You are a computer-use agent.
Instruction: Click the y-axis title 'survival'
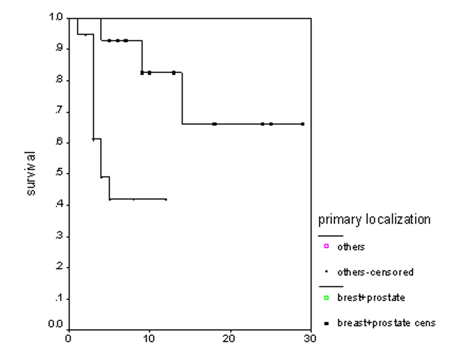pos(31,173)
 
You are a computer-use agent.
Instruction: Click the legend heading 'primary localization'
pos(374,219)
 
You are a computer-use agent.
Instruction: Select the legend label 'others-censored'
pos(375,272)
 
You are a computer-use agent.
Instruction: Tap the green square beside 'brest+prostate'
pos(327,298)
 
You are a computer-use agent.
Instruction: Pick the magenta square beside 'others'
pos(327,246)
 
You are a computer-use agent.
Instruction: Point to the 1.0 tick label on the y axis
pos(56,17)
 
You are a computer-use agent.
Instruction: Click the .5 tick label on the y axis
pos(59,173)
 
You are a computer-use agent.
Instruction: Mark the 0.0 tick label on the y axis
pos(56,324)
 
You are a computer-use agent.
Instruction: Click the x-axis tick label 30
pos(310,339)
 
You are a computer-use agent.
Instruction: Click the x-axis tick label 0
pos(68,339)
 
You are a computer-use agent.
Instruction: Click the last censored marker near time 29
pos(302,124)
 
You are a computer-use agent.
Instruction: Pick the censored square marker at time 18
pos(214,124)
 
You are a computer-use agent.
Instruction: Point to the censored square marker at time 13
pos(174,73)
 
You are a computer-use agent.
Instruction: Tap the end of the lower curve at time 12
pos(166,199)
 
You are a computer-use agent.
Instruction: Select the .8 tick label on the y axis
pos(59,80)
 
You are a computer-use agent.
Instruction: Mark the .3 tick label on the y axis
pos(59,236)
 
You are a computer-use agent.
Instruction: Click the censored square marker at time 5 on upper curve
pos(109,41)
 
